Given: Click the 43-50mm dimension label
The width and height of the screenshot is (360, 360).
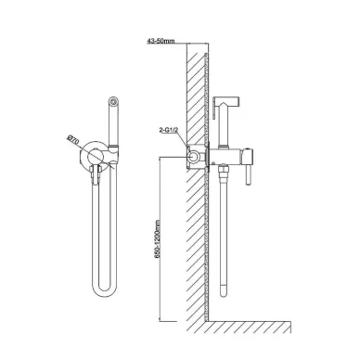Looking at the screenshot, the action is (161, 41).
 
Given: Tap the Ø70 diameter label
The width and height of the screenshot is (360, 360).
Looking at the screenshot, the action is (73, 141).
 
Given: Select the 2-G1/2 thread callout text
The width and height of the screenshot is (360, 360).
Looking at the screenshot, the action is (169, 130).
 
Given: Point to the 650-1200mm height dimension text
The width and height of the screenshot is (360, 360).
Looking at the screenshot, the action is (158, 239).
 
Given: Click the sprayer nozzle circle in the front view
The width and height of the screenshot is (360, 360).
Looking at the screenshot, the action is (114, 101).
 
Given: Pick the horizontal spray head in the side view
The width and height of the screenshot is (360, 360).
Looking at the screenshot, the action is (225, 100).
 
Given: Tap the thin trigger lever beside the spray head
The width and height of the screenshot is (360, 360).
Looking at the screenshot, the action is (213, 111).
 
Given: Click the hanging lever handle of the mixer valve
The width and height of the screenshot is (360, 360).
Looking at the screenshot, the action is (248, 174).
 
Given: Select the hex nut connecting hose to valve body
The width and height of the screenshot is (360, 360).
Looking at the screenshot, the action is (223, 169).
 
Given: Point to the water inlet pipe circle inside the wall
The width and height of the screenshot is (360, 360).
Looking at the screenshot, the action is (194, 157).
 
